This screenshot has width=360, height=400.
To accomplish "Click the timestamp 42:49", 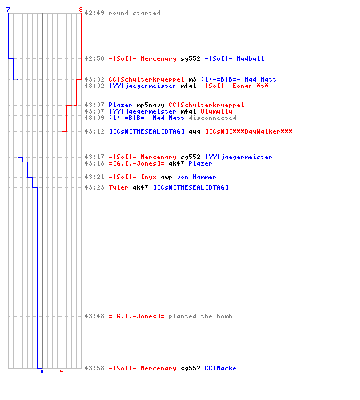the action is click(94, 13).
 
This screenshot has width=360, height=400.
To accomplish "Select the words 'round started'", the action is click(134, 13).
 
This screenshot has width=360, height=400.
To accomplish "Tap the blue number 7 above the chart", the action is click(8, 10).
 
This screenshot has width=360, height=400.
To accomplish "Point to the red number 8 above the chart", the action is click(81, 10).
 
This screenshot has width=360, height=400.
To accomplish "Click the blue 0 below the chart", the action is click(42, 371).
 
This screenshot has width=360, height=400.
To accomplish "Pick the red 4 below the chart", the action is click(62, 371).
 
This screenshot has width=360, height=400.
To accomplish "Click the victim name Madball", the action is click(250, 58).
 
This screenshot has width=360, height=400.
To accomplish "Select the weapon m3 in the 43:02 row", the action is click(192, 79).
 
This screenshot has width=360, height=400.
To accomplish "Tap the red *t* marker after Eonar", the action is click(262, 86).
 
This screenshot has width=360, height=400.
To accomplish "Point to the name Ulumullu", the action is click(216, 111).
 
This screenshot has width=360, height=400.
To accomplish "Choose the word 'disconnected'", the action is click(212, 118).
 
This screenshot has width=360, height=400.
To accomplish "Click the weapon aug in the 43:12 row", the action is click(194, 131).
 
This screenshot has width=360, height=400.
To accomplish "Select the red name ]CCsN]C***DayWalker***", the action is click(249, 131).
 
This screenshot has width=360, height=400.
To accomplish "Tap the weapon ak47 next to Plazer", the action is click(176, 163).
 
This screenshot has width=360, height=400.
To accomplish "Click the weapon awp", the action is click(166, 178).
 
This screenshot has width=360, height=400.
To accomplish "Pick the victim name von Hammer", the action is click(196, 177).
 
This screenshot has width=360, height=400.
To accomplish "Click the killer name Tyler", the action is click(118, 187).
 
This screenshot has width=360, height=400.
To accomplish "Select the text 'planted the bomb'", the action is click(200, 316).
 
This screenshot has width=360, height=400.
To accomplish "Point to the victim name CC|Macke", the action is click(220, 368).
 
